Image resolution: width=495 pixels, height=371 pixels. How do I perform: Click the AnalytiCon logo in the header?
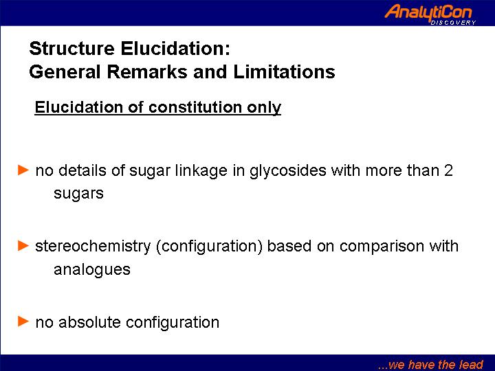click(428, 13)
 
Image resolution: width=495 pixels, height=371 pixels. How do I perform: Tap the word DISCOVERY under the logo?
click(453, 23)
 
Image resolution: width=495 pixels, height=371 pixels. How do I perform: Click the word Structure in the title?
click(71, 48)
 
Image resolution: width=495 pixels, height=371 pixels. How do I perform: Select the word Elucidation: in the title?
click(175, 48)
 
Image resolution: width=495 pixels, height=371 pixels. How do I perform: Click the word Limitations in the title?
click(284, 71)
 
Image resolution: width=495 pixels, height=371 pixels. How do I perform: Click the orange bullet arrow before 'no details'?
click(23, 170)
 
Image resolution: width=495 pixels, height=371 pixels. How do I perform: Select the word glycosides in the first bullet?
click(288, 171)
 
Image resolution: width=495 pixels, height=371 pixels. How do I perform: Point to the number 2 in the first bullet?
click(448, 170)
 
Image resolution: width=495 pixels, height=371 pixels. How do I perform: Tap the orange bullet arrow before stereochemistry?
click(23, 245)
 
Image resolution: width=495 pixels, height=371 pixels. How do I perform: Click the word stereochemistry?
click(93, 247)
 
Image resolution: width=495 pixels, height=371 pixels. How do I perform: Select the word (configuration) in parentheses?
click(209, 247)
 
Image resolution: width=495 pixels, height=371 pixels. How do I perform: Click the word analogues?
click(92, 270)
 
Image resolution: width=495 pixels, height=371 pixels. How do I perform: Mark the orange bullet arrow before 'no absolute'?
click(23, 321)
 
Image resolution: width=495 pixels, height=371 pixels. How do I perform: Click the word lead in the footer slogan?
click(471, 364)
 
